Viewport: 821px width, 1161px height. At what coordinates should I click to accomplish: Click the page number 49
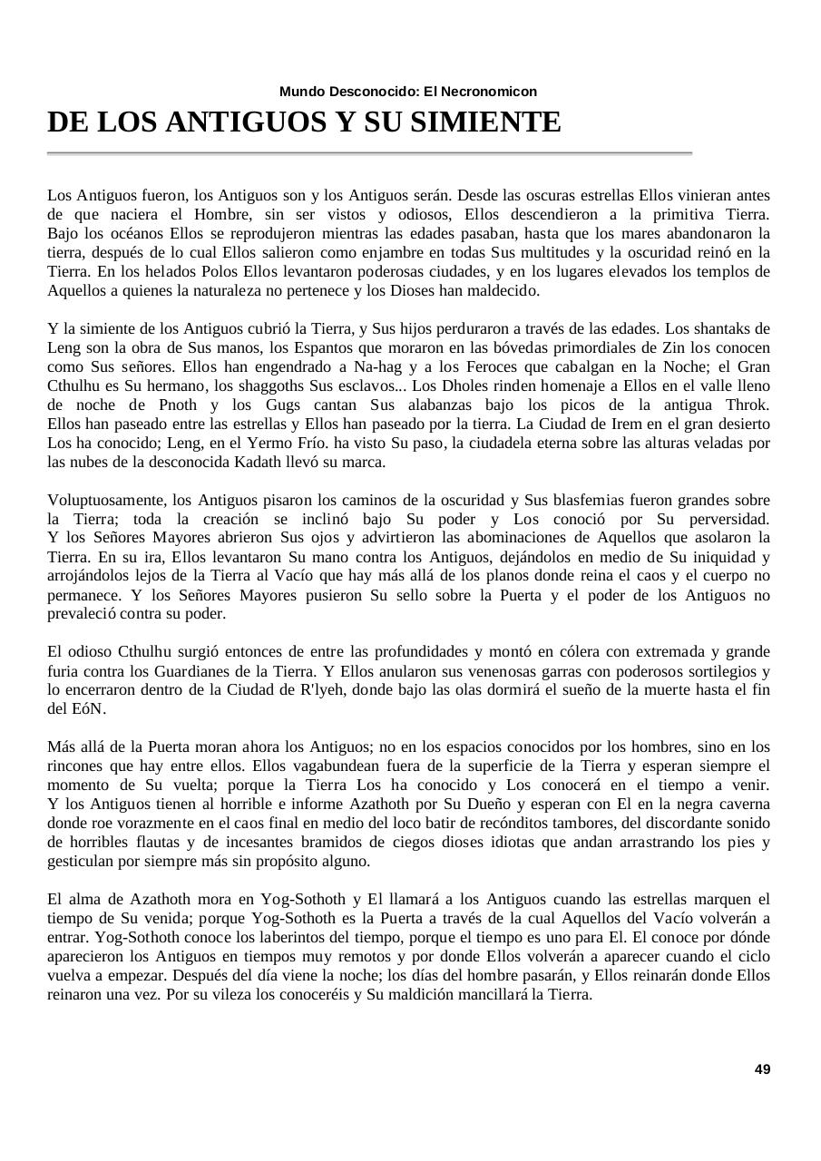click(x=762, y=1069)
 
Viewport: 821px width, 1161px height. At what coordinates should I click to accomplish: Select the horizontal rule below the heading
click(x=369, y=153)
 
